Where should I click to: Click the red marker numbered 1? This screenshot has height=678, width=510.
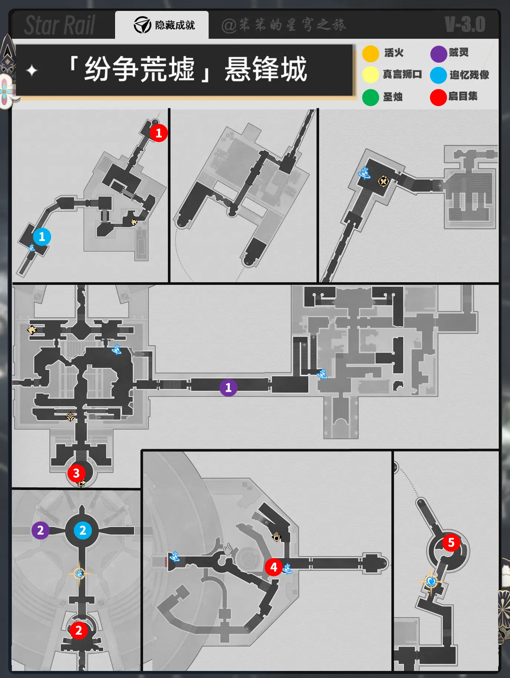[x=159, y=133]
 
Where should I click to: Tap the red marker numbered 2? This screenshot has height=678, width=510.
[x=79, y=630]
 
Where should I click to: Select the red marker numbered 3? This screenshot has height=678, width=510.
[x=76, y=473]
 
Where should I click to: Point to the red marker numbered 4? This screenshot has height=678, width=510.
[x=274, y=567]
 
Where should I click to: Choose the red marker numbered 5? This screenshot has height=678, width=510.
[x=451, y=542]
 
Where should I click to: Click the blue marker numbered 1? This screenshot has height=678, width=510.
[x=42, y=237]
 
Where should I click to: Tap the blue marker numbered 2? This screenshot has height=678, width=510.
[x=83, y=530]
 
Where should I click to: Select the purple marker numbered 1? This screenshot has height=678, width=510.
[x=228, y=388]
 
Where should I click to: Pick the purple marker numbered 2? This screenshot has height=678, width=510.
[x=40, y=530]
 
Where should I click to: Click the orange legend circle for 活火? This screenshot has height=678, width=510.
[x=370, y=53]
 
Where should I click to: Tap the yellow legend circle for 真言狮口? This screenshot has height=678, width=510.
[x=370, y=75]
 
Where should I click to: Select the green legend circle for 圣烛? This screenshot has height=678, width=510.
[x=370, y=97]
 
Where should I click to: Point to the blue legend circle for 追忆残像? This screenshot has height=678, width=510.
[x=438, y=75]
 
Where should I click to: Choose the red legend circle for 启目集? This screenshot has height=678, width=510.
[x=438, y=97]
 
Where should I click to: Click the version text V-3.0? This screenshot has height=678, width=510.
[x=465, y=24]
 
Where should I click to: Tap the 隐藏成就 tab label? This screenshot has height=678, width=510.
[x=175, y=25]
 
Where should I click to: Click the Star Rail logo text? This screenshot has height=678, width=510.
[x=60, y=25]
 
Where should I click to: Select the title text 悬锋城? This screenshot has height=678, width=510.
[x=266, y=69]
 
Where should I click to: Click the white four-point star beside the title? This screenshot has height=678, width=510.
[x=32, y=70]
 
